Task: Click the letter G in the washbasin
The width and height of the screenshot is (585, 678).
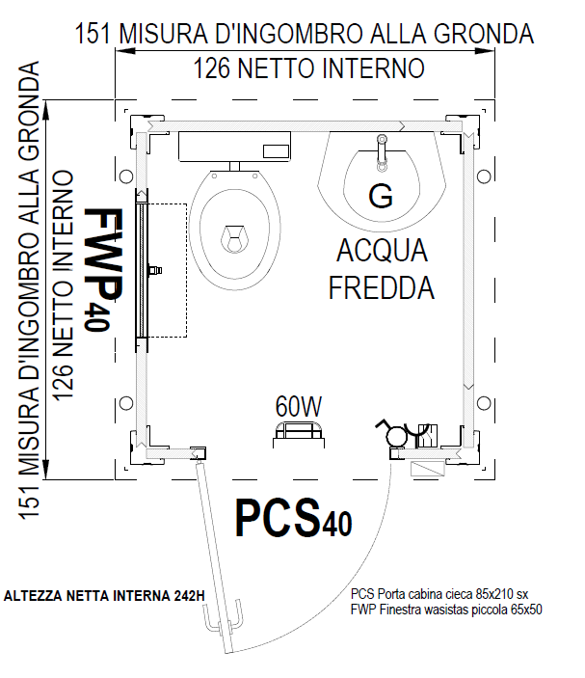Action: pos(381,196)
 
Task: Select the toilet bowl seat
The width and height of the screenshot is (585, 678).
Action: pos(234,231)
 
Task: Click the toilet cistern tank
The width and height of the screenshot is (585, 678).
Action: pos(234,147)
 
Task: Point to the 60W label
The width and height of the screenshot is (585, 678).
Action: pos(299,406)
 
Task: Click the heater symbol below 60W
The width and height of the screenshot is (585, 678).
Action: pos(299,434)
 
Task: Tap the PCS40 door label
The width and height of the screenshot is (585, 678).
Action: pos(293,517)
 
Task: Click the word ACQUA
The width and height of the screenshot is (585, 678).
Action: pos(382,251)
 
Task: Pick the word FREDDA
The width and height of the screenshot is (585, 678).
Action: pos(382,287)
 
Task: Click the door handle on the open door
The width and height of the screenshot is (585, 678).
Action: pos(223,617)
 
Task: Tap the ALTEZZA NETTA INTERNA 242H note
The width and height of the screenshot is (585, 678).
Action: pos(104,596)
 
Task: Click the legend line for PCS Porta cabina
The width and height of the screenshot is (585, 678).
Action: pos(439,594)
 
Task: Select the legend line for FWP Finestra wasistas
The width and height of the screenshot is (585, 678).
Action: pos(446,610)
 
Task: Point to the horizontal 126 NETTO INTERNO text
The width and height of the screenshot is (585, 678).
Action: pos(308,68)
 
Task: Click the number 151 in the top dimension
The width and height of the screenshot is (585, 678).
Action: pos(93,34)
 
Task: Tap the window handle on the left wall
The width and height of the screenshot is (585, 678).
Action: pos(154,270)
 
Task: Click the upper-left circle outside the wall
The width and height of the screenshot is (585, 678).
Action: pos(125,176)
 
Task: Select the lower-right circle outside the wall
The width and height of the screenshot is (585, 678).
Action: pos(484,403)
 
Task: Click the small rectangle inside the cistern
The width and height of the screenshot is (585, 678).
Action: pos(276,151)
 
